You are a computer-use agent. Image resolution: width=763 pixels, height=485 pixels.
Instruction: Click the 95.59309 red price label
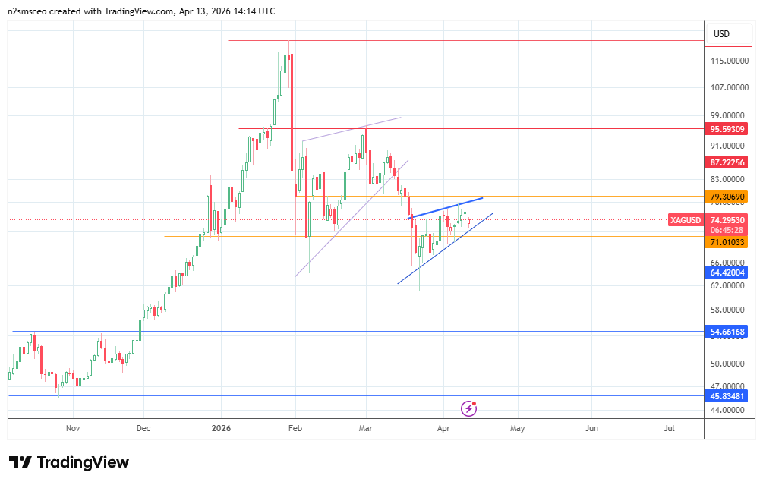[x=727, y=128]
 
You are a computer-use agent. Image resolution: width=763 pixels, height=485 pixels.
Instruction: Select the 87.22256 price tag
[x=727, y=162]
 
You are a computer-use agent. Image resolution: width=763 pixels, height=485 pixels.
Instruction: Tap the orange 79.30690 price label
[x=727, y=197]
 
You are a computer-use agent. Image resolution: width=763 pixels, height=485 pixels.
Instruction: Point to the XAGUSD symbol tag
[x=686, y=220]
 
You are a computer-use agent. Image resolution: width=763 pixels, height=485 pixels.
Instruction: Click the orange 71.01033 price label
[x=727, y=242]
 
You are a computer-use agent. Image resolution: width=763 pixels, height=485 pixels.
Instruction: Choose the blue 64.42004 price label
[x=727, y=272]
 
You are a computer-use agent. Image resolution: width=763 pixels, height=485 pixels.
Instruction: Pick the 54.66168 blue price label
[x=727, y=332]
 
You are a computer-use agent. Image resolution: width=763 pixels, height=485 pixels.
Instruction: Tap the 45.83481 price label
[x=727, y=396]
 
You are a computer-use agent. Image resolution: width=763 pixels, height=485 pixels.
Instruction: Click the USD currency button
[x=721, y=34]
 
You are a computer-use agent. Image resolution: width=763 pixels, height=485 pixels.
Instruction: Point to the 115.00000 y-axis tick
[x=727, y=61]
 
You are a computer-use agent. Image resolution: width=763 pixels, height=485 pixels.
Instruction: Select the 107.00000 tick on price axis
[x=727, y=88]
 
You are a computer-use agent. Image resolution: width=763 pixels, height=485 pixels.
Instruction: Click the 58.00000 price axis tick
[x=727, y=310]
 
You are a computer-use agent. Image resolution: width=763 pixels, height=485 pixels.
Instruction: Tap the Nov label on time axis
[x=73, y=428]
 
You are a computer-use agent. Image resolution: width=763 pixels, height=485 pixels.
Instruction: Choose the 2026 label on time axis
[x=220, y=428]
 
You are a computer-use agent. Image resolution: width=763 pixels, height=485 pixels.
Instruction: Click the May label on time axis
[x=517, y=428]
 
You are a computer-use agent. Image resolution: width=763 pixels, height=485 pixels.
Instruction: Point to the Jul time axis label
[x=669, y=428]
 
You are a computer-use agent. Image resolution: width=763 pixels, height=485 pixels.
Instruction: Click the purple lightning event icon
[x=469, y=408]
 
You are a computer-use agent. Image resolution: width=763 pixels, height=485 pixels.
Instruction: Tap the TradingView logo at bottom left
[x=69, y=462]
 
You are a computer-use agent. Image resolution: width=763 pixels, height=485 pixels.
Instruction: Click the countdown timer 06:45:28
[x=727, y=229]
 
